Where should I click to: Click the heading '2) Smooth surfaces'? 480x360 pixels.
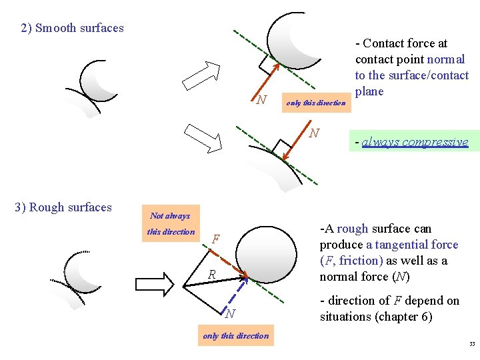tap(72, 28)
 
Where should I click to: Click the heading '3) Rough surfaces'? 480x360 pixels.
tap(63, 207)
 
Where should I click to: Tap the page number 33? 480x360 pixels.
tap(471, 345)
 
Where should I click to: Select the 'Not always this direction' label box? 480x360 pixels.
tap(171, 223)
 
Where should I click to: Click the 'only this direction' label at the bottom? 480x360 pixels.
tap(236, 336)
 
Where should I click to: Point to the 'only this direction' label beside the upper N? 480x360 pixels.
tap(315, 103)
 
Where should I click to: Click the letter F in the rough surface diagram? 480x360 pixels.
tap(216, 239)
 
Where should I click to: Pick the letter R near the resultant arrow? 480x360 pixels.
tap(211, 274)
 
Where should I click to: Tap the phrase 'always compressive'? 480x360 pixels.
tap(415, 142)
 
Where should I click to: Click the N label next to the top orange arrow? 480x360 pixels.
tap(262, 100)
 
